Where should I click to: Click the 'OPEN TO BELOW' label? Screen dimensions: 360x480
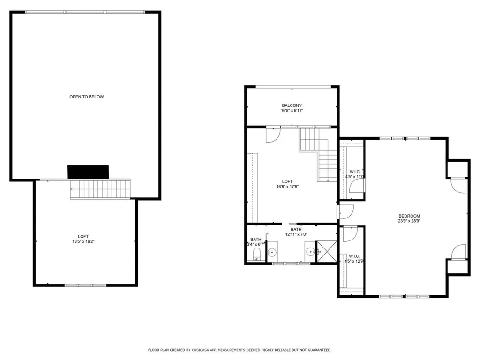(87, 97)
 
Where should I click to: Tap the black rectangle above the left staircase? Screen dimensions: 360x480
(88, 172)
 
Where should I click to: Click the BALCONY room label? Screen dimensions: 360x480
(292, 105)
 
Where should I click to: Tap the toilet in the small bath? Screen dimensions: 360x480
(256, 255)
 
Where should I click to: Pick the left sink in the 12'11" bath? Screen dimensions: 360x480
(272, 252)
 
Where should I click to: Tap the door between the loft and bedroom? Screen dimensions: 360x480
(345, 212)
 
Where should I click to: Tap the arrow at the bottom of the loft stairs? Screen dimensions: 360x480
(328, 179)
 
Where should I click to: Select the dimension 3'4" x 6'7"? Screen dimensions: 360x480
(256, 244)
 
